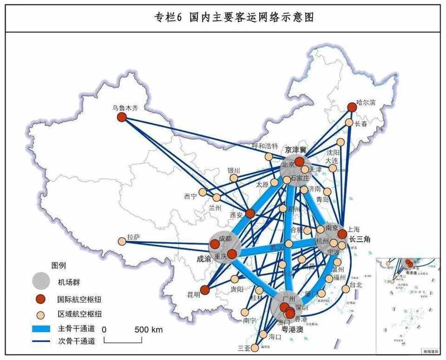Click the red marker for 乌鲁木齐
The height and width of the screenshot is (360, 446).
[122, 117]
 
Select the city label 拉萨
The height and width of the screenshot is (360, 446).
[133, 237]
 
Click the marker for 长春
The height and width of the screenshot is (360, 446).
[349, 123]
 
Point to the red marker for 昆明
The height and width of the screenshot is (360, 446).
[205, 290]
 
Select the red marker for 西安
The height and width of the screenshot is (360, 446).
[250, 213]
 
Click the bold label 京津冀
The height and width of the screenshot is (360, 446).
[296, 150]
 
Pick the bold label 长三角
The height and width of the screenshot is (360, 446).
[360, 239]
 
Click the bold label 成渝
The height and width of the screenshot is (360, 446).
[204, 259]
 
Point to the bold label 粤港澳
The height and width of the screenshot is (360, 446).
[292, 329]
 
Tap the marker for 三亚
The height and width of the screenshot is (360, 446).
[255, 348]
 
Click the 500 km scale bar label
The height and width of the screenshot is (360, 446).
[149, 330]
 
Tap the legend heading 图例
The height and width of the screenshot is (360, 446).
[59, 264]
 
